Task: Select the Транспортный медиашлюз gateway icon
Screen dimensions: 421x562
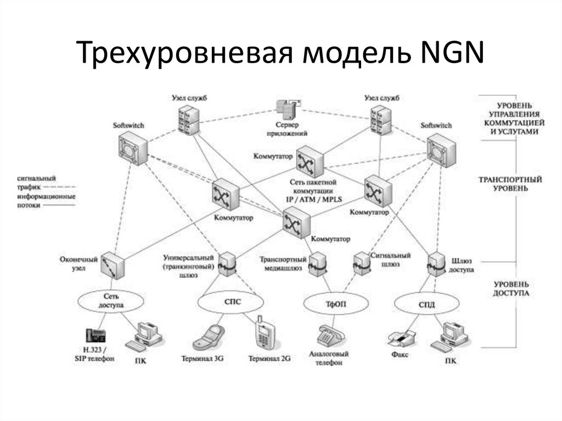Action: [317, 265]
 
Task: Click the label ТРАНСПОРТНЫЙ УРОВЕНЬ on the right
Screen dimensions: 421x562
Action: [504, 184]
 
